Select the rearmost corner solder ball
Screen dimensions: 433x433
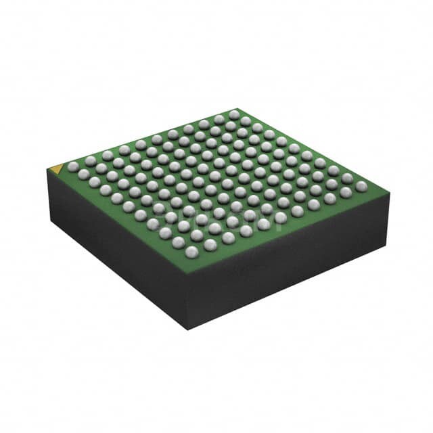[x=233, y=114]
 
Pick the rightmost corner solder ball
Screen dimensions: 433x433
[x=361, y=185]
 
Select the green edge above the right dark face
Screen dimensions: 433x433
[x=291, y=233]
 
